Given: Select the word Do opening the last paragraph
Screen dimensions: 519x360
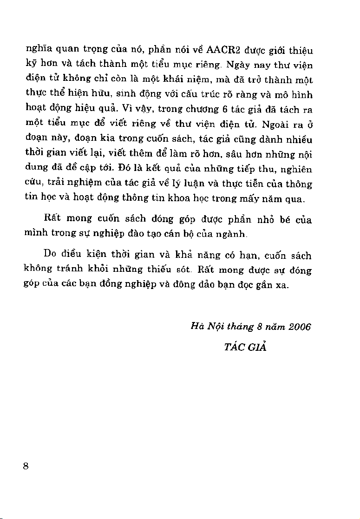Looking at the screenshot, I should [50, 255].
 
